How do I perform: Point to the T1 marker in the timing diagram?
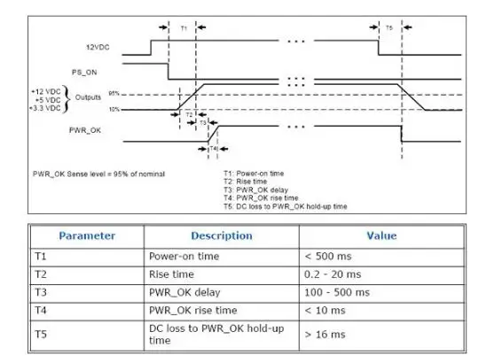click(x=184, y=28)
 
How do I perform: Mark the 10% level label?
click(x=114, y=109)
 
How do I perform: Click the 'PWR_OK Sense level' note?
click(x=98, y=173)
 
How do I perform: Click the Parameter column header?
click(x=87, y=236)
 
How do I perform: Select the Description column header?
click(x=221, y=236)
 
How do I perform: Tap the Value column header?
click(x=381, y=236)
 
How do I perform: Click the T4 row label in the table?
click(x=40, y=310)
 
